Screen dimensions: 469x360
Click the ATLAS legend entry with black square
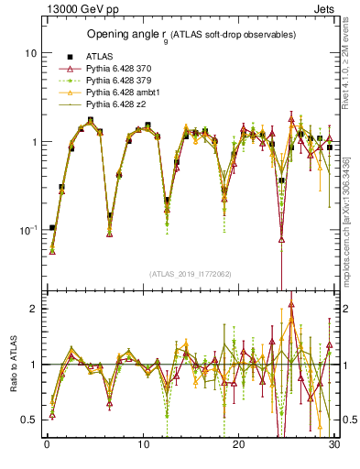coord(85,56)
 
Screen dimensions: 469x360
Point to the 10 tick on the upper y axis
coord(29,53)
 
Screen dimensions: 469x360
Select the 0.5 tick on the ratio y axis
coord(28,420)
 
